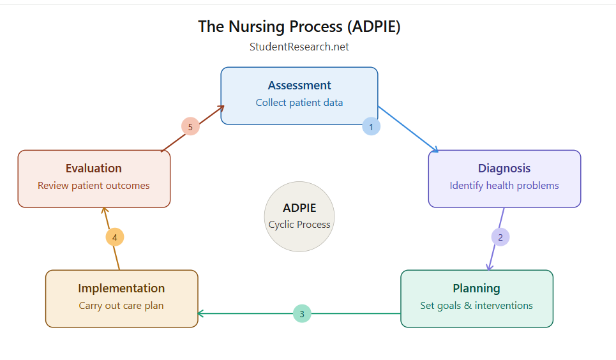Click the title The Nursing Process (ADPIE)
coord(299,26)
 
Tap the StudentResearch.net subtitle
coord(299,47)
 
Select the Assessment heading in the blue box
coord(299,86)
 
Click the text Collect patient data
coord(299,103)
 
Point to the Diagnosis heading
coord(504,169)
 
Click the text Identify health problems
coord(504,186)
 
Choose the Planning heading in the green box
coord(476,289)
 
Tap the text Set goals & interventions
coord(476,306)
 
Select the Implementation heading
coord(121,289)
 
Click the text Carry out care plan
coord(121,306)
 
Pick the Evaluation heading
coord(94,169)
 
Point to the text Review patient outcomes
coord(94,186)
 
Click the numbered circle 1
coord(372,126)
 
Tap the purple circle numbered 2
coord(500,237)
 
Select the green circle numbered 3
coord(302,314)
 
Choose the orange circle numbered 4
coord(115,237)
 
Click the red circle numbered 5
coord(190,126)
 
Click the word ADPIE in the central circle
coord(299,208)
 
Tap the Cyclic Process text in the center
coord(299,225)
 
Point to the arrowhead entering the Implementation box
coord(201,313)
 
